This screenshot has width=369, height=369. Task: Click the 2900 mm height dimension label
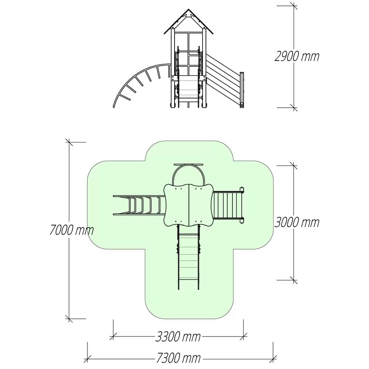(x=297, y=56)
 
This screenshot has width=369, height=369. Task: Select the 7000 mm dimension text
(x=72, y=230)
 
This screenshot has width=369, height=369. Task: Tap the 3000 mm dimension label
(x=297, y=222)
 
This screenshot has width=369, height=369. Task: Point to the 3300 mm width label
(x=178, y=337)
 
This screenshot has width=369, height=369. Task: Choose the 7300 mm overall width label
(x=178, y=358)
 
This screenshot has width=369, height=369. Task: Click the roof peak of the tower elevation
(x=188, y=10)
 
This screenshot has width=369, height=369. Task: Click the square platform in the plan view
(x=188, y=205)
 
